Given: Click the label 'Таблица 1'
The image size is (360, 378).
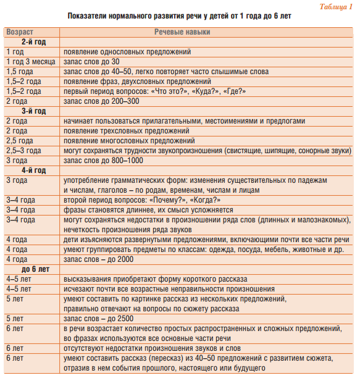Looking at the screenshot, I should click(335, 6).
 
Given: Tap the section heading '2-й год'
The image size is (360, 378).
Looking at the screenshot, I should click(33, 41).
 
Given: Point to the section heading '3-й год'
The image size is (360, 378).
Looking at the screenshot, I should click(33, 111).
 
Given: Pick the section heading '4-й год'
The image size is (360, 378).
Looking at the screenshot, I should click(33, 170).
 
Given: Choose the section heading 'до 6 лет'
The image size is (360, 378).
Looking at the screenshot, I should click(35, 269).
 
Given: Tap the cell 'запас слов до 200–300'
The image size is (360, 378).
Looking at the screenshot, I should click(101, 101).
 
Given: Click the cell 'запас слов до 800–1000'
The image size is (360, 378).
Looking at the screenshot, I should click(104, 160).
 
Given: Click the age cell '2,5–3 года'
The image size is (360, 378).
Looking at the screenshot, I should click(23, 150).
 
